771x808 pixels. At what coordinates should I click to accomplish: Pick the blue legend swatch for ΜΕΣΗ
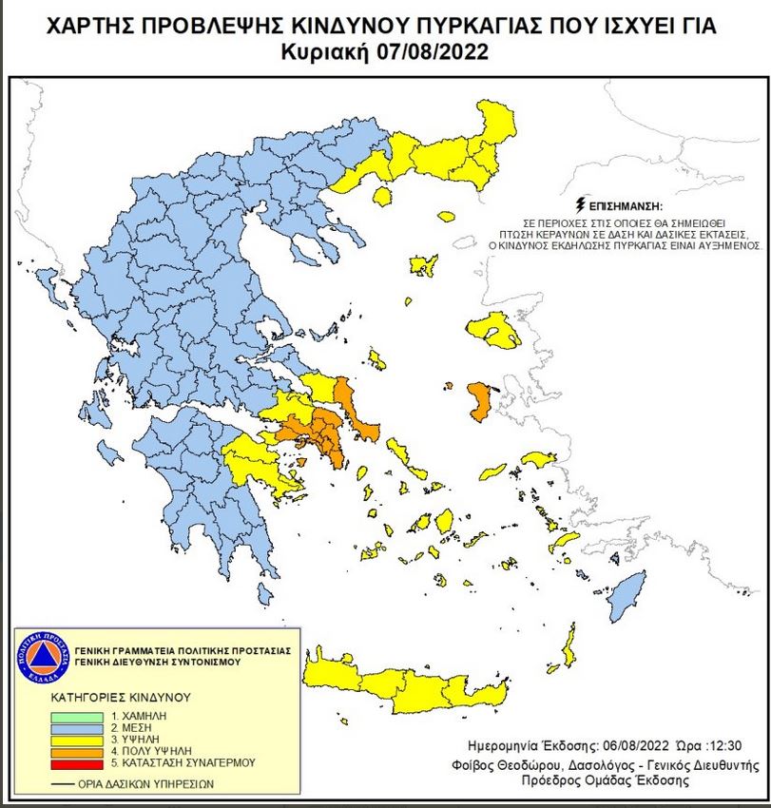(82, 725)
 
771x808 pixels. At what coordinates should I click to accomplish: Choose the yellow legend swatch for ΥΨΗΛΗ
(82, 738)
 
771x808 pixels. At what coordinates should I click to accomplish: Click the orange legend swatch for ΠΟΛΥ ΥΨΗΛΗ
(82, 750)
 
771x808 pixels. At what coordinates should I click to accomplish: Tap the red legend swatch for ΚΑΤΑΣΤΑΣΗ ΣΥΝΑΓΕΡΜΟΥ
(82, 762)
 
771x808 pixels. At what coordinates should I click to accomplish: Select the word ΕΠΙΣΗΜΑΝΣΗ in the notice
(624, 205)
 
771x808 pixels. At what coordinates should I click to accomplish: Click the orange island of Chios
(478, 402)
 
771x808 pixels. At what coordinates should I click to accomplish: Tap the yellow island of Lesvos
(498, 329)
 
